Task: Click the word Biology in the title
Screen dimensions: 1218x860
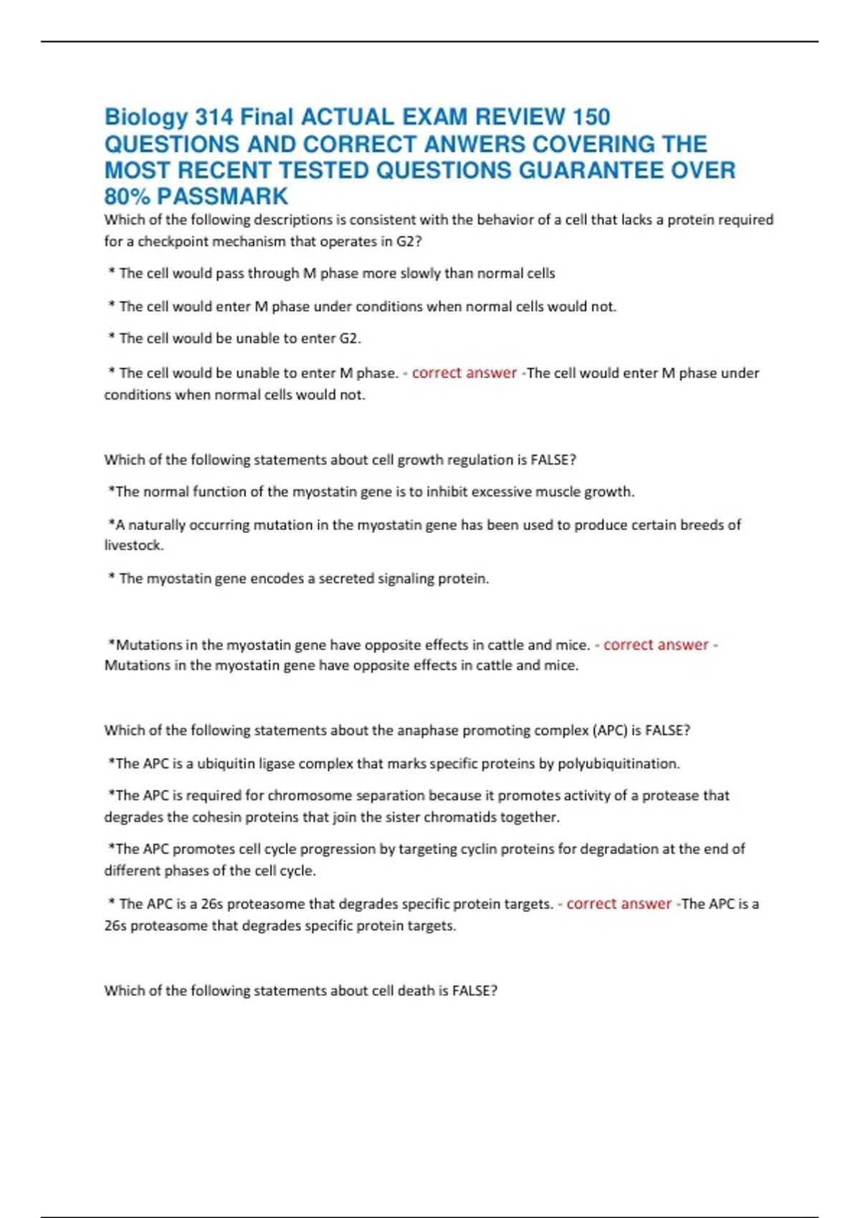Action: (x=146, y=118)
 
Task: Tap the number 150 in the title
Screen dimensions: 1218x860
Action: (x=591, y=118)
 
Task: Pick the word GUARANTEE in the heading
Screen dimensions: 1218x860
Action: (x=591, y=171)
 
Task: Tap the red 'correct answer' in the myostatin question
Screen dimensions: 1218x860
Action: (x=656, y=645)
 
